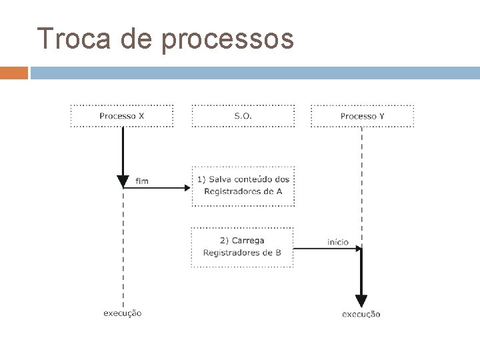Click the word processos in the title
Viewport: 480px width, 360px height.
[227, 40]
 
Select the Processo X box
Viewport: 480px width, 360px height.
[122, 116]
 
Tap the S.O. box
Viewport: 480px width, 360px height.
[243, 116]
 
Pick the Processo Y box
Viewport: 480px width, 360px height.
[362, 116]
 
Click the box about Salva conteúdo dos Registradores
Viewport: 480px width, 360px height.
[243, 185]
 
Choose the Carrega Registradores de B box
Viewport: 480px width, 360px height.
[243, 247]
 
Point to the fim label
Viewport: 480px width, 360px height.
[142, 180]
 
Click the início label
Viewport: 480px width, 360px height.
[337, 242]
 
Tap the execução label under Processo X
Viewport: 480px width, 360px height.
[122, 313]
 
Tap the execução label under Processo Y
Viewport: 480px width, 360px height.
[361, 313]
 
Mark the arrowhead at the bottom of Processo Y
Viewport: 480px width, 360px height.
[361, 301]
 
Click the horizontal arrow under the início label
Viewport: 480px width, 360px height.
[327, 249]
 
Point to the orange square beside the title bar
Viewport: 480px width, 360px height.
[13, 72]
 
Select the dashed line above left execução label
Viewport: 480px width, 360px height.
[123, 247]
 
